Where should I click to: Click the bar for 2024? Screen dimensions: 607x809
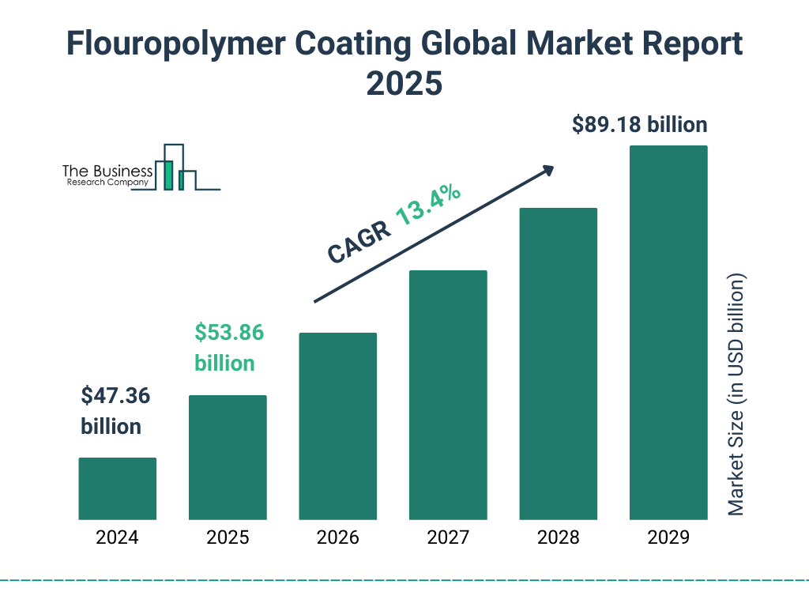click(x=117, y=488)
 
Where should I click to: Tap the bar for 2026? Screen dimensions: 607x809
click(x=337, y=426)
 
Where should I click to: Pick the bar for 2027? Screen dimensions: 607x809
click(x=448, y=394)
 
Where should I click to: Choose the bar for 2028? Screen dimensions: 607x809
click(x=558, y=364)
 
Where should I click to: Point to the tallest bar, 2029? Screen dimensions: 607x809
click(x=668, y=332)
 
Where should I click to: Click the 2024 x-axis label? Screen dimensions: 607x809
click(x=117, y=538)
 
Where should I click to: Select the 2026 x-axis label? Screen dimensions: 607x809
click(x=337, y=538)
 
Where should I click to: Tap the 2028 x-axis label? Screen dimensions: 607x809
click(x=558, y=538)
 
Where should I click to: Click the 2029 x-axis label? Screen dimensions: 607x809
click(x=668, y=538)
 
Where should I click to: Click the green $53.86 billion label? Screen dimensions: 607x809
click(x=228, y=348)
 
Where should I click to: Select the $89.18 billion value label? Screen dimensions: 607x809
click(x=639, y=125)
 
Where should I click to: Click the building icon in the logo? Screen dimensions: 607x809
click(x=178, y=168)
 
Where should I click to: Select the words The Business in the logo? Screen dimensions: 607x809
click(x=107, y=170)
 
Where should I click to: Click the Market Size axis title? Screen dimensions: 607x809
click(x=736, y=395)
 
